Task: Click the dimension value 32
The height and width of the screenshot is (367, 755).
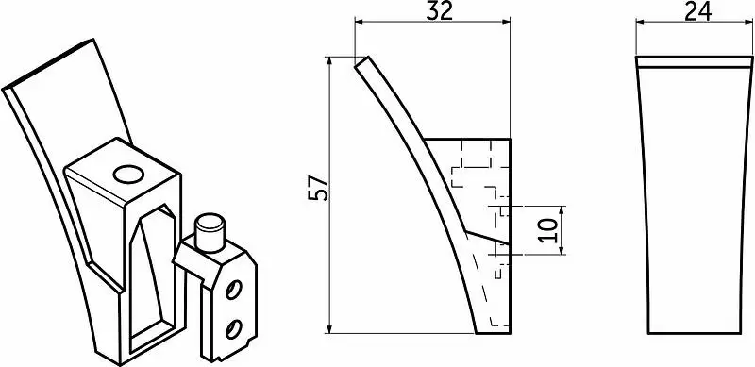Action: (439, 10)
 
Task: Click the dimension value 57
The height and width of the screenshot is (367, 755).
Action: (318, 189)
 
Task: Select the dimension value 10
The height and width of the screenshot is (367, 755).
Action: (548, 230)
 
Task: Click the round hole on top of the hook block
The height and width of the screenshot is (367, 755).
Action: (128, 175)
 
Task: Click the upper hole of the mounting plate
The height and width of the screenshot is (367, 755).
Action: (233, 290)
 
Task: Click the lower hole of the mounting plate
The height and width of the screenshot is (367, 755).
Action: (233, 329)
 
